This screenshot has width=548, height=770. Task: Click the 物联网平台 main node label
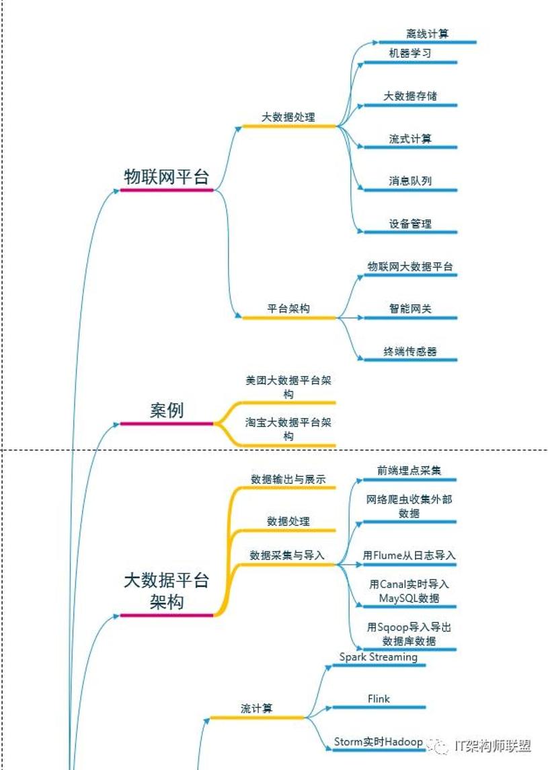click(x=167, y=177)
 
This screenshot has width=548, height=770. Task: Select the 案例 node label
click(x=167, y=411)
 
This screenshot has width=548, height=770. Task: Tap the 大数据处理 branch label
click(x=288, y=116)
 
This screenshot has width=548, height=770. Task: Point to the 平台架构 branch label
click(x=288, y=309)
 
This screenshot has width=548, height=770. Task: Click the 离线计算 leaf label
click(x=427, y=34)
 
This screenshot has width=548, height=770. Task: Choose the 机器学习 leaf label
click(x=410, y=53)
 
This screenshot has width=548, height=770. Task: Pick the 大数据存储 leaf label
click(x=410, y=96)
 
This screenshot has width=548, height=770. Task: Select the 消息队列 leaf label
click(x=410, y=181)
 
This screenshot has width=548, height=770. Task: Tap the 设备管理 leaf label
click(x=410, y=224)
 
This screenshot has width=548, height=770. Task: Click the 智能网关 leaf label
click(x=410, y=309)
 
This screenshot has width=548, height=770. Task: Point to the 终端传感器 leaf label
click(x=410, y=351)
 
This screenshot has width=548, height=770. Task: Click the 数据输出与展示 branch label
click(x=288, y=479)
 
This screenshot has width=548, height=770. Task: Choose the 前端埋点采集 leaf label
click(x=409, y=470)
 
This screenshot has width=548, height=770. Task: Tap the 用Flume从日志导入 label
click(x=409, y=555)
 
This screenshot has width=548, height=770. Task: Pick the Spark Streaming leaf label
click(x=378, y=657)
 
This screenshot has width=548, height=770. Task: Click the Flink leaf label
click(x=379, y=699)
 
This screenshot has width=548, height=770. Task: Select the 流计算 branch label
click(x=257, y=709)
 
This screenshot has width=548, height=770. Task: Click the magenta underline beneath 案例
click(x=167, y=424)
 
